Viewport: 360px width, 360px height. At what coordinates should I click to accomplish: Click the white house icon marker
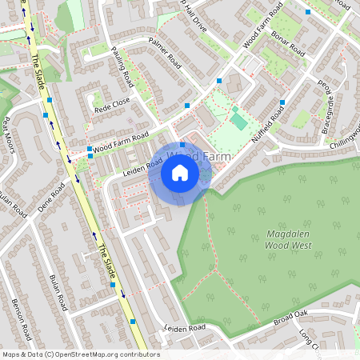(180, 173)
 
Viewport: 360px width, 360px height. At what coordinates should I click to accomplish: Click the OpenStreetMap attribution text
(81, 354)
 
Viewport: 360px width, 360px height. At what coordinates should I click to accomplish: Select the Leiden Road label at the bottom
(185, 328)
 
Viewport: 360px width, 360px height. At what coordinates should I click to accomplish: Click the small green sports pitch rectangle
(238, 121)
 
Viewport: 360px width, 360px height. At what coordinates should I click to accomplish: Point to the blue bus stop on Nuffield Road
(283, 102)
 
